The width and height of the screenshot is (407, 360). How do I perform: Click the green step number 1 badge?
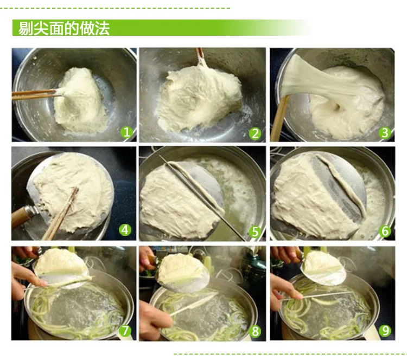[126, 132]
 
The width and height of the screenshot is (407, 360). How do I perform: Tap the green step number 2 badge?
[255, 133]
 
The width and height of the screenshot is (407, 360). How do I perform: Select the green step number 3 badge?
[385, 132]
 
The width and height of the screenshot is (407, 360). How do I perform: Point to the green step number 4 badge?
[125, 230]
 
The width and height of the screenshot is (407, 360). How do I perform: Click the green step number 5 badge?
[255, 232]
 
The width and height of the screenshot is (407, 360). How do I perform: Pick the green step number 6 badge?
[385, 231]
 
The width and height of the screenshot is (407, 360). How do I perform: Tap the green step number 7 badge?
[125, 330]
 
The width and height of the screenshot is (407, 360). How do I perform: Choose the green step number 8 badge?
[255, 331]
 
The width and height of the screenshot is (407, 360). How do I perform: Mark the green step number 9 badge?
[385, 330]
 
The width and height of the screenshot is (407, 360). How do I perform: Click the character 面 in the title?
[56, 28]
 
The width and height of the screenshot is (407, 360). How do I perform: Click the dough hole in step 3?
[336, 106]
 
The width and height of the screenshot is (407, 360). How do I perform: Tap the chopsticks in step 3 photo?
[279, 119]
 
